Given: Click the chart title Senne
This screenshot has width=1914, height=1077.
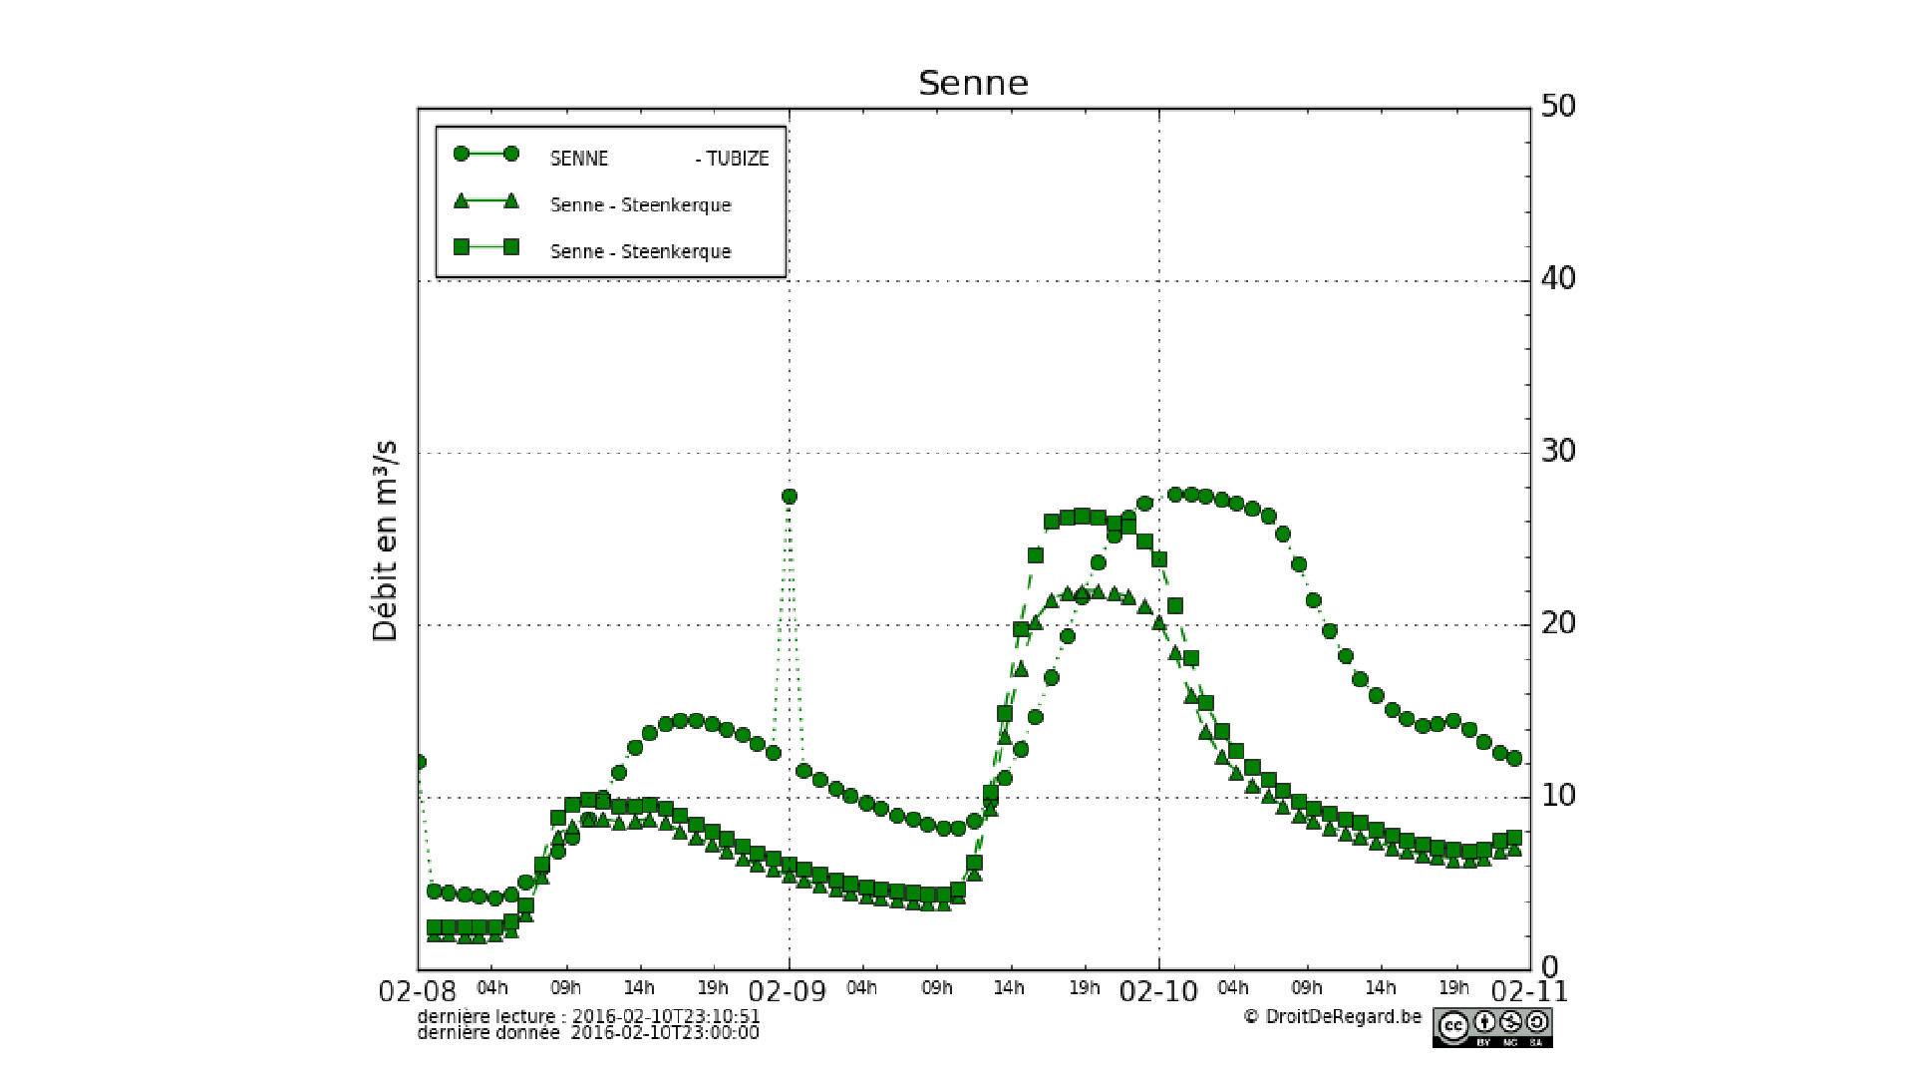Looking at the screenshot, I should click(973, 83).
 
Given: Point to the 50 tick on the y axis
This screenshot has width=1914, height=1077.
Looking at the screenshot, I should click(1557, 107).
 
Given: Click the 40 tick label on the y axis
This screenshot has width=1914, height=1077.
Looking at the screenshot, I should click(1557, 279).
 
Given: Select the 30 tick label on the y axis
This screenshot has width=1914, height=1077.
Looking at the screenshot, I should click(1557, 452).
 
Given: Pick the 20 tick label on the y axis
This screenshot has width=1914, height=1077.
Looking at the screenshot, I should click(1557, 624).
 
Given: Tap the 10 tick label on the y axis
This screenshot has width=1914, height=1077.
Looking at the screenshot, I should click(1557, 796).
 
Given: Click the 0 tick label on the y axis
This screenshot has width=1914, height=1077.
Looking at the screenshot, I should click(1549, 967).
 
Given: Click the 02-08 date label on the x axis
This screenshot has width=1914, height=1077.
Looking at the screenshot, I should click(418, 992).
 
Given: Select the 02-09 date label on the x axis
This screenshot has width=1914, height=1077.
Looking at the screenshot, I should click(788, 992).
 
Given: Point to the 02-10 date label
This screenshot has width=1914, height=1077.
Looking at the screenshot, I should click(1158, 992).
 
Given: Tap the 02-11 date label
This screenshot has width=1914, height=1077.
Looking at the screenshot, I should click(1529, 992).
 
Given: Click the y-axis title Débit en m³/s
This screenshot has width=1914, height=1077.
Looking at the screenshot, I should click(385, 540).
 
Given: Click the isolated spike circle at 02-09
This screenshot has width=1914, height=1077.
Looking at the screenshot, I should click(790, 497).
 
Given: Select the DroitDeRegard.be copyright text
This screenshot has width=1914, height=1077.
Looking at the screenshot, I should click(1333, 1017).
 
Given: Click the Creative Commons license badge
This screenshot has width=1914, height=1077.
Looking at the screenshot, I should click(1492, 1027).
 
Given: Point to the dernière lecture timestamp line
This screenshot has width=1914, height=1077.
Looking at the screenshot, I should click(588, 1016).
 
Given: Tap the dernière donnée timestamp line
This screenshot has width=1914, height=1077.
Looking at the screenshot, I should click(588, 1033).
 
